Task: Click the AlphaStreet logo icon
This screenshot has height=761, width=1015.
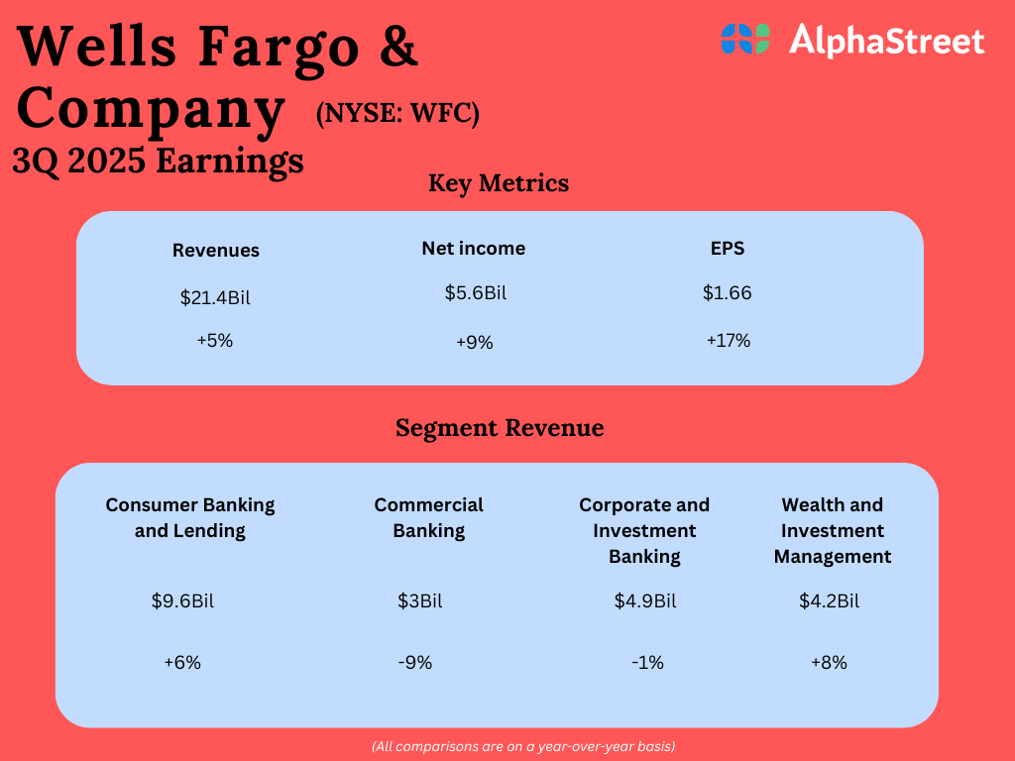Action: pos(745,39)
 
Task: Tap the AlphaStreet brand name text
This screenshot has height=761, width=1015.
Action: pos(887,40)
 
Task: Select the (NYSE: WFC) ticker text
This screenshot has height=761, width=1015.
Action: pos(397,114)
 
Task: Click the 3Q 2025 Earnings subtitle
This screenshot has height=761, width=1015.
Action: pos(158,162)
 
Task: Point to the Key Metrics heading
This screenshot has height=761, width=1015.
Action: pos(499,183)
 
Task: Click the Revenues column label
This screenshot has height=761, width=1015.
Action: pos(215,251)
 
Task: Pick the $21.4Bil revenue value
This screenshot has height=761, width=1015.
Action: pos(215,297)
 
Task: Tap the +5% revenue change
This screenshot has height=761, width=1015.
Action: pos(215,341)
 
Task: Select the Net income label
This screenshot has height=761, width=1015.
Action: pos(473,249)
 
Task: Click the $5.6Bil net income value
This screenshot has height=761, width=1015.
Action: pos(476,293)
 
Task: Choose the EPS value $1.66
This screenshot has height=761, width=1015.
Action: pos(728,293)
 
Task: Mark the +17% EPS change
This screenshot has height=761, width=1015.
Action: pos(729,341)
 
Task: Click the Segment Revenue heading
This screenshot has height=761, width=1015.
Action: pos(500,428)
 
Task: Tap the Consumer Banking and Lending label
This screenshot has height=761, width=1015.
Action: pos(190,517)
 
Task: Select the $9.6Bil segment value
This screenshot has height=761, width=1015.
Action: pos(182,601)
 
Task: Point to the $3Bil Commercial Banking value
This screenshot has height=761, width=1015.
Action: pos(420,601)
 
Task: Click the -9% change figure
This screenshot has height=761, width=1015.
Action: pos(415,663)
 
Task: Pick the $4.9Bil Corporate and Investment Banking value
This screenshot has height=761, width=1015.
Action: pos(645,601)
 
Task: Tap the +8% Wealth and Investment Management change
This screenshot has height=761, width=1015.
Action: pos(830,663)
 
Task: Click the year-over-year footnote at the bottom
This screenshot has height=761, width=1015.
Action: pos(523,747)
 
